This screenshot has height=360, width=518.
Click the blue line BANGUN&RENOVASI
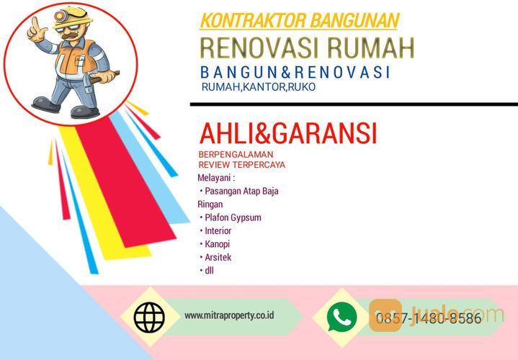pyautogui.click(x=296, y=72)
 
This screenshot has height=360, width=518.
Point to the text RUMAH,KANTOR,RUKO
pyautogui.click(x=259, y=87)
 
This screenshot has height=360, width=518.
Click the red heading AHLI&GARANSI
pyautogui.click(x=287, y=134)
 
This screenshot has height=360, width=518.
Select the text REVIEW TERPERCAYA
pyautogui.click(x=241, y=165)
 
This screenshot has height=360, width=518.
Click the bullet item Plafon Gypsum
pyautogui.click(x=232, y=217)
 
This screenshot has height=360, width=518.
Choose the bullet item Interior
pyautogui.click(x=218, y=231)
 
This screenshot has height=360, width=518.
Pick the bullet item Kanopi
pyautogui.click(x=217, y=244)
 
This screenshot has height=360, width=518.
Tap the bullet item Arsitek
pyautogui.click(x=218, y=257)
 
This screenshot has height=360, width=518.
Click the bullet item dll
pyautogui.click(x=209, y=271)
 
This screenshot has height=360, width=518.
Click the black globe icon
pyautogui.click(x=149, y=316)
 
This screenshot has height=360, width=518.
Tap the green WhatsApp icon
pyautogui.click(x=341, y=316)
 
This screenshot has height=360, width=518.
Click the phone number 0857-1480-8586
pyautogui.click(x=428, y=318)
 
